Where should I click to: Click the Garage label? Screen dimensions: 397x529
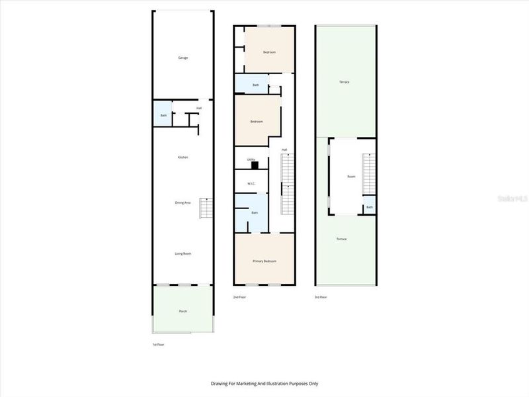[x=183, y=58]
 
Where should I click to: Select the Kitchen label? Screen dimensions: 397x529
[x=183, y=157]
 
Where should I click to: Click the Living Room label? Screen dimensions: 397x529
[x=183, y=253]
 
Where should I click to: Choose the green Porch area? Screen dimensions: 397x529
[x=183, y=310]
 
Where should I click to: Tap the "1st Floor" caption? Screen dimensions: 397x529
[x=159, y=345]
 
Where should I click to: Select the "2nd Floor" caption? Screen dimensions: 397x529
[x=240, y=297]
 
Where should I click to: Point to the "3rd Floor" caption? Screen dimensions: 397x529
[x=321, y=297]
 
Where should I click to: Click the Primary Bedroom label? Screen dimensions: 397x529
[x=264, y=261]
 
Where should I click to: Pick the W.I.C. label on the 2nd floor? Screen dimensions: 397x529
[x=251, y=183]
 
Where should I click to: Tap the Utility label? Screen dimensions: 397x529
[x=251, y=159]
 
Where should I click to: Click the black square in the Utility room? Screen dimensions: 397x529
[x=263, y=165]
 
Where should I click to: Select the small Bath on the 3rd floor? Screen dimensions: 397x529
[x=369, y=207]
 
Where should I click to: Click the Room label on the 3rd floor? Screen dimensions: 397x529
[x=352, y=177]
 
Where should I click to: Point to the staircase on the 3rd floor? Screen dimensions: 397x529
[x=369, y=173]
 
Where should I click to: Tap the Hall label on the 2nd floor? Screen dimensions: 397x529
[x=284, y=150]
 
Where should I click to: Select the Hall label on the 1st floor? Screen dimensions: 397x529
[x=199, y=108]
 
